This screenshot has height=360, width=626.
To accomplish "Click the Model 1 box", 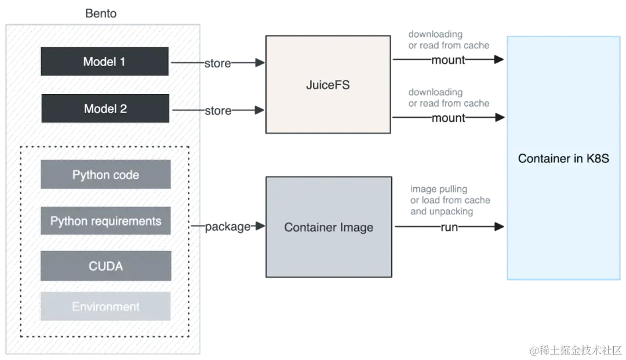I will (x=104, y=61).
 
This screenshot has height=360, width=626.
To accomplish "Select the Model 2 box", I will (x=105, y=108).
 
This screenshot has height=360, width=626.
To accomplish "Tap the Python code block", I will (x=105, y=175).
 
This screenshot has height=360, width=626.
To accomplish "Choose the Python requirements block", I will (x=105, y=221).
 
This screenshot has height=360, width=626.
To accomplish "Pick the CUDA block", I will (x=105, y=267).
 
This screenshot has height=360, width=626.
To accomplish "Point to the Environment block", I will (x=105, y=307).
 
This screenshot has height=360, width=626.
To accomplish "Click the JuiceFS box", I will (x=327, y=85).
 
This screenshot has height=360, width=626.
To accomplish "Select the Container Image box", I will (x=328, y=227).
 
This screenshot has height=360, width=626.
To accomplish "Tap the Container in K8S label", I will (x=563, y=158).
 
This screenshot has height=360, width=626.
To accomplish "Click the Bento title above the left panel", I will (x=101, y=13).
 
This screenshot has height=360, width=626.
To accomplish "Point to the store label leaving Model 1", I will (x=218, y=64).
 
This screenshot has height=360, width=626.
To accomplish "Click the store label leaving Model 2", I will (x=218, y=111).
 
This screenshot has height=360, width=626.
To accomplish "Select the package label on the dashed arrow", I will (x=228, y=227).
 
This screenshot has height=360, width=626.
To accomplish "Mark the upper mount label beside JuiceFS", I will (x=449, y=60).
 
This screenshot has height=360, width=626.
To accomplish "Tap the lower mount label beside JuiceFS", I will (x=449, y=119).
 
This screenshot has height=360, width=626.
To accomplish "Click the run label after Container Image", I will (x=449, y=227).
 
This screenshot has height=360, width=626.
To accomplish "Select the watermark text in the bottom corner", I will (x=576, y=350).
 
